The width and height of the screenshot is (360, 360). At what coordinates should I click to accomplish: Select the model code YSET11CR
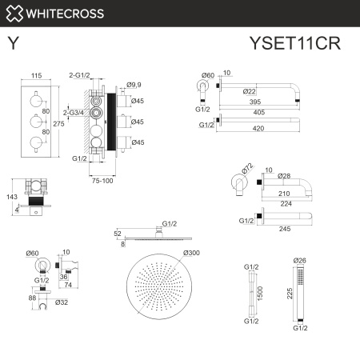tap(295, 42)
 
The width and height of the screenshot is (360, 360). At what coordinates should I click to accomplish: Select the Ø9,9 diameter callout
tap(134, 84)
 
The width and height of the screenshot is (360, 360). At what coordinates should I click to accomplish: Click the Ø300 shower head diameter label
tap(191, 254)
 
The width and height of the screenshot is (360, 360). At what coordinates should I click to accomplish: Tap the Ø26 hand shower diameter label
tap(300, 261)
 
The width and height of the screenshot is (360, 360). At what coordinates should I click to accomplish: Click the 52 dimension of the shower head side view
tap(118, 233)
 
